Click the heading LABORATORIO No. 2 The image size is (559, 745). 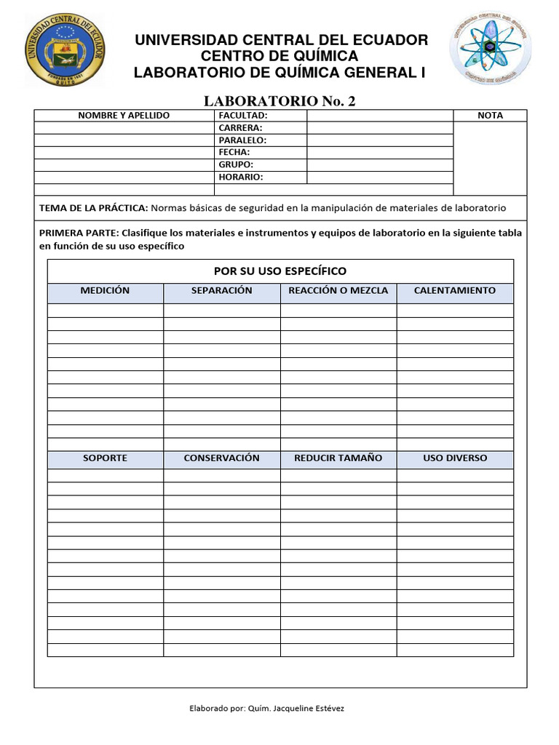279,100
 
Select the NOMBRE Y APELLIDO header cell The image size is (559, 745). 124,115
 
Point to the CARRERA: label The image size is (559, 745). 240,127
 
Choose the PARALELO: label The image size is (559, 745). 242,140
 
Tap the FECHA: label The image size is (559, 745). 234,152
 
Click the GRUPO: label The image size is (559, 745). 236,164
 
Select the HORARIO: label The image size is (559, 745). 241,177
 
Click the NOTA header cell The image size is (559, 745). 490,115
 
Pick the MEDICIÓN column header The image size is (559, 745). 105,290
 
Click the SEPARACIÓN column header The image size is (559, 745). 221,290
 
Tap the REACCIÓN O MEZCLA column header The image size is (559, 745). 338,290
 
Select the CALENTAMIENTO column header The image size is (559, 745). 455,290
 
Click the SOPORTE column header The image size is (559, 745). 105,458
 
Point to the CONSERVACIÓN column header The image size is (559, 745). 221,458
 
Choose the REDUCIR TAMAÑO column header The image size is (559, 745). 338,458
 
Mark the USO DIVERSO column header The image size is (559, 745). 455,458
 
